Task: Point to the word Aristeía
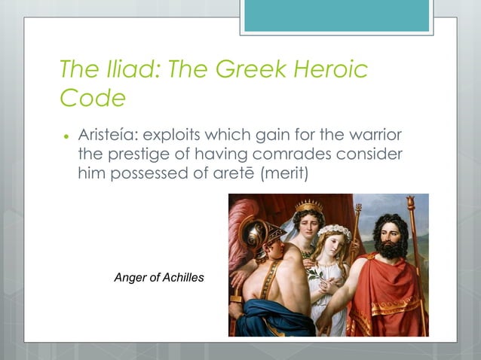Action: [108, 138]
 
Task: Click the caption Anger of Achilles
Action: [158, 278]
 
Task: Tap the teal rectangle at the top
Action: [336, 16]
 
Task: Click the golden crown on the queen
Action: [308, 206]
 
